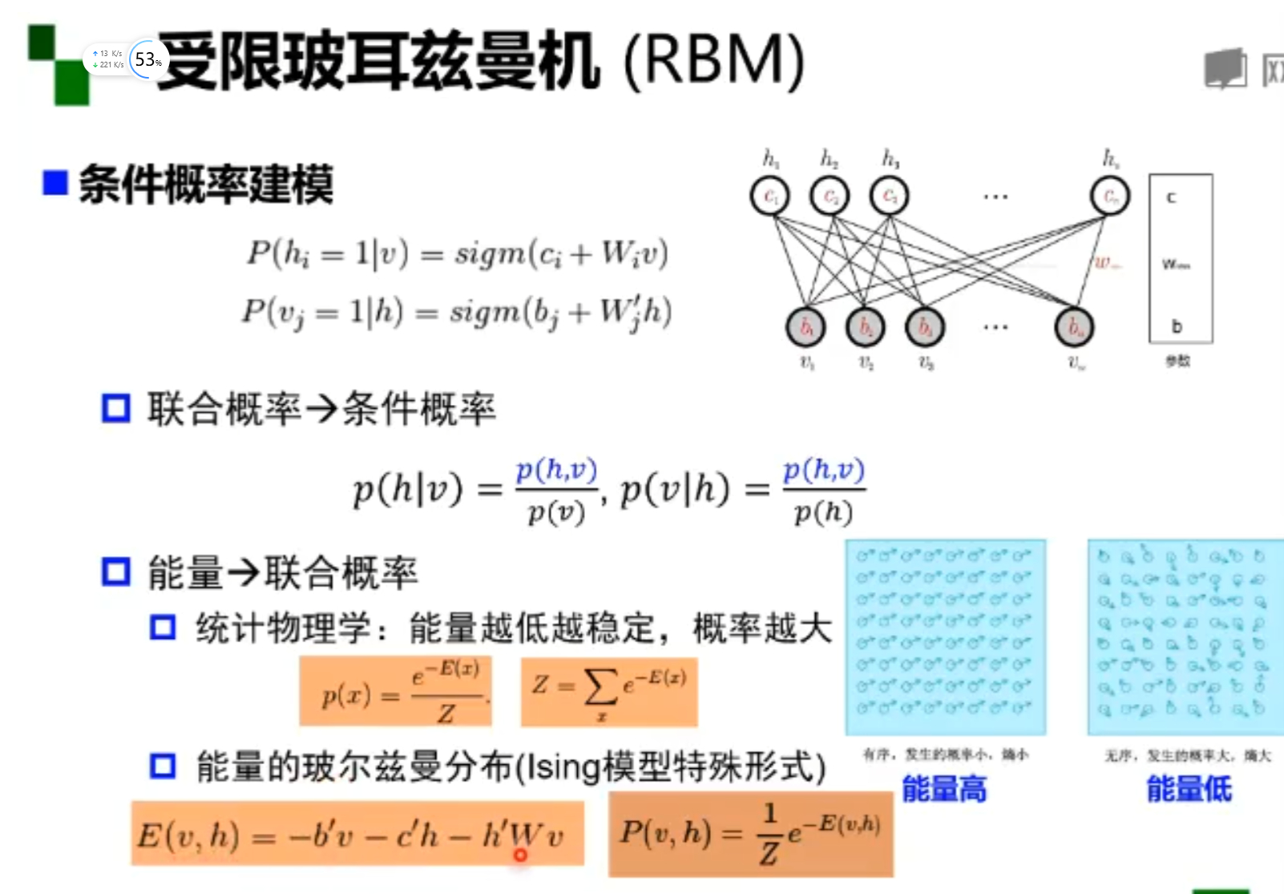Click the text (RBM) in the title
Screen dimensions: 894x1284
713,61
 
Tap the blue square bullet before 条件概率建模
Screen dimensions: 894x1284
55,183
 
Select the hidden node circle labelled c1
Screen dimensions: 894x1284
769,196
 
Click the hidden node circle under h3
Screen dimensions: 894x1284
890,196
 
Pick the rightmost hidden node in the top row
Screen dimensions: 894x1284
1110,196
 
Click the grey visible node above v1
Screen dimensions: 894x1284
806,327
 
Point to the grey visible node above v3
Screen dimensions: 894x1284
925,327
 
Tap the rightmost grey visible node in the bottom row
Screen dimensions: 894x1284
1074,327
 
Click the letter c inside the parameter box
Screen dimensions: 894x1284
1171,197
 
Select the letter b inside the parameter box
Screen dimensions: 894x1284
1176,326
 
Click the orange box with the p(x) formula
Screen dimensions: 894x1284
395,691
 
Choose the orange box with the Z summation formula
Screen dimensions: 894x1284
609,692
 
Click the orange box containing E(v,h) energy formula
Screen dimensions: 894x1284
357,834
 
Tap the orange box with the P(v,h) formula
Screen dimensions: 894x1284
751,834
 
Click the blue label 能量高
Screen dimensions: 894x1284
944,789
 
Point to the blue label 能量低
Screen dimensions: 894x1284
1189,789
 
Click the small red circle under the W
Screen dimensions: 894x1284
520,856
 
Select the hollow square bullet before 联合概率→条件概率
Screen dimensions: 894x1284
115,408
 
